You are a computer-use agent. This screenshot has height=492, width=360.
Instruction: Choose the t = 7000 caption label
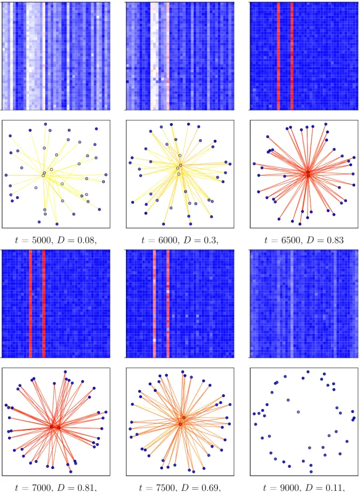(x=31, y=488)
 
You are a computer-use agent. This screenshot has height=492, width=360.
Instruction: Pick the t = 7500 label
(x=155, y=488)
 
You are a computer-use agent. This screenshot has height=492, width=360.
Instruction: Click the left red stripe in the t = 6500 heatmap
(x=278, y=56)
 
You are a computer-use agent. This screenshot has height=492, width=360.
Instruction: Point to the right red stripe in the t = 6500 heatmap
(x=292, y=56)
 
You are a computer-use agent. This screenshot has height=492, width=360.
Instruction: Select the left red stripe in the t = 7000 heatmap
(x=31, y=304)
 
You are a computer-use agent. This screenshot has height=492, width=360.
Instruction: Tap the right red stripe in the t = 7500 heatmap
(x=168, y=304)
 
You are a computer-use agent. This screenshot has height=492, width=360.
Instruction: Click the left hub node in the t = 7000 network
(x=52, y=427)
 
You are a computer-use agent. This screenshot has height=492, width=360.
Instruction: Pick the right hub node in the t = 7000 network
(x=59, y=427)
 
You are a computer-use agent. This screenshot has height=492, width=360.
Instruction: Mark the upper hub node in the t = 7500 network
(x=183, y=417)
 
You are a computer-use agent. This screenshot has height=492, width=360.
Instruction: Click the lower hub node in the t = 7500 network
(x=180, y=424)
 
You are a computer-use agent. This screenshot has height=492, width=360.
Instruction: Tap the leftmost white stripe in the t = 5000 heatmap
(x=12, y=56)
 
